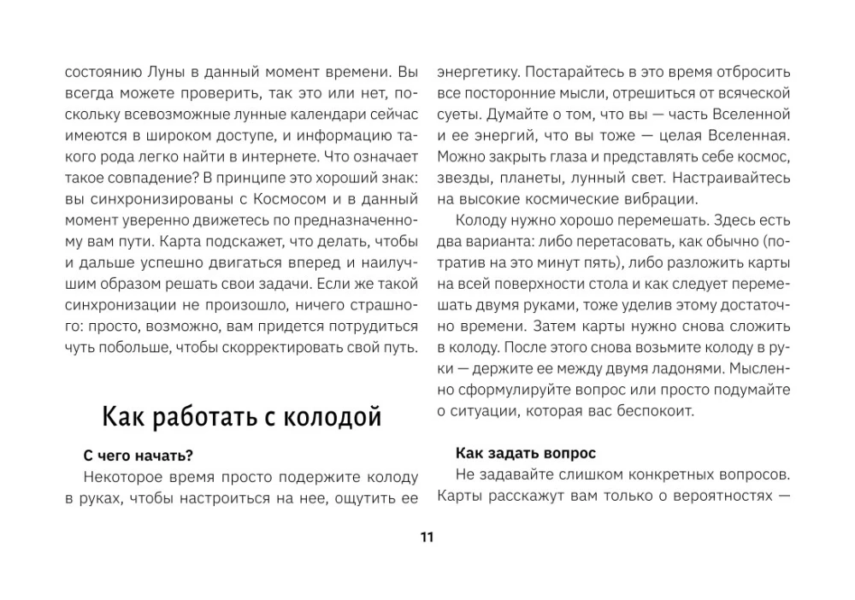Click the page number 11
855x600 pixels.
pyautogui.click(x=427, y=537)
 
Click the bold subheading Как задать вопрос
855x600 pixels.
pyautogui.click(x=526, y=452)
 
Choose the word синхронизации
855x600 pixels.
pyautogui.click(x=118, y=304)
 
